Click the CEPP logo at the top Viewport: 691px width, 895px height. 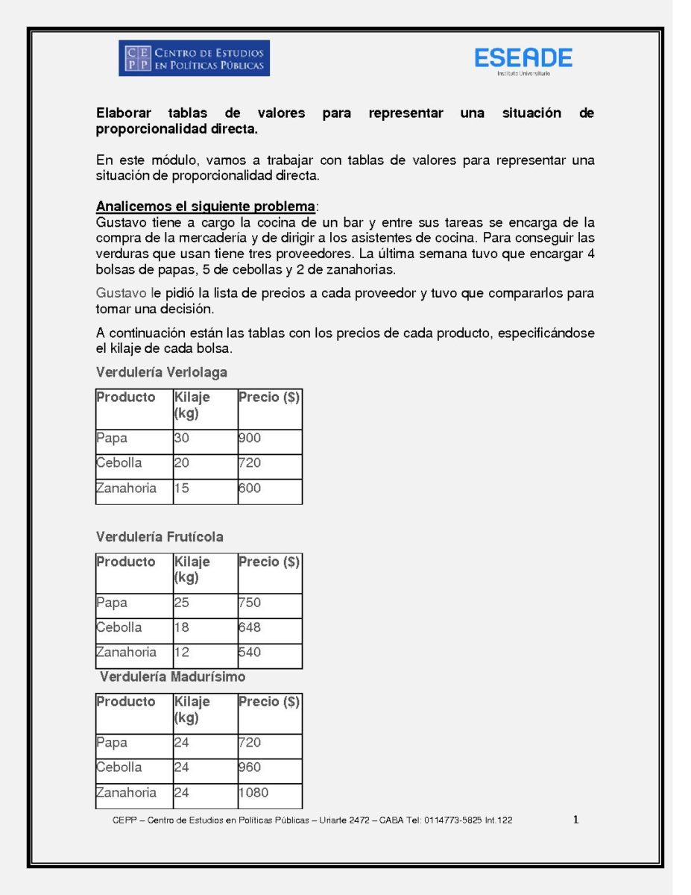tap(194, 58)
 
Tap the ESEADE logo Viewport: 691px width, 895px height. tap(523, 59)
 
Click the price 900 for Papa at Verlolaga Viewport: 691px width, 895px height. tap(250, 439)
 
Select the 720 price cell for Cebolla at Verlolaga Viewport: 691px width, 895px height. tap(250, 463)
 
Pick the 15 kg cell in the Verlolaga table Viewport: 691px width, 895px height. tap(182, 489)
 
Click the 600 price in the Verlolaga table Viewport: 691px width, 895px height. tap(250, 489)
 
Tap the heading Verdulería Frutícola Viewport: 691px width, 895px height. tap(160, 537)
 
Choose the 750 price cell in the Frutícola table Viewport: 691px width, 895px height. tap(250, 603)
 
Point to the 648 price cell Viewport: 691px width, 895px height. tap(250, 627)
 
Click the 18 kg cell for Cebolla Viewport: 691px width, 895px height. tap(182, 627)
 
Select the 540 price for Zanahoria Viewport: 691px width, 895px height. tap(250, 653)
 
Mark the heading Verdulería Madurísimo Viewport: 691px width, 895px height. tap(172, 677)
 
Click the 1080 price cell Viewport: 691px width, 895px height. tap(254, 793)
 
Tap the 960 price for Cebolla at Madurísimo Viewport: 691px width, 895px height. tap(250, 767)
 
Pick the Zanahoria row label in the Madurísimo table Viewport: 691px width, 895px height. tap(127, 793)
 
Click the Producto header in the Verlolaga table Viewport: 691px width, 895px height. tap(126, 398)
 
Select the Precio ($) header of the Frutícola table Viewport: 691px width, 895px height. tap(269, 562)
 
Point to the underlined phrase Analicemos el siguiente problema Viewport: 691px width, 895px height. tap(206, 207)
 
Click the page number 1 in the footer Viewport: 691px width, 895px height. tap(575, 820)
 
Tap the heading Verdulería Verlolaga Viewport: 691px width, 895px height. tap(162, 372)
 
